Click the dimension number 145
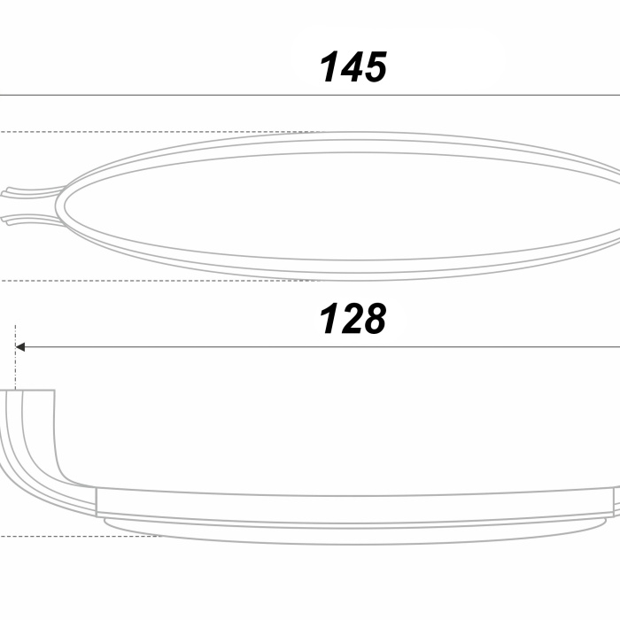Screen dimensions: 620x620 point(353,67)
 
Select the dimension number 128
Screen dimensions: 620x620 point(353,319)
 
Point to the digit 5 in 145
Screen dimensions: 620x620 point(375,67)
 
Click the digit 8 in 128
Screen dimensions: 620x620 point(374,319)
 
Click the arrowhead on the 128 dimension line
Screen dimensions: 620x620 point(19,347)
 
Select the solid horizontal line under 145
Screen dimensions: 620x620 point(310,96)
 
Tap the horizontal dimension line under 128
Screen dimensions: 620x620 point(317,347)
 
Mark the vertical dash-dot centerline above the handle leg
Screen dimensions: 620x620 point(15,357)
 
